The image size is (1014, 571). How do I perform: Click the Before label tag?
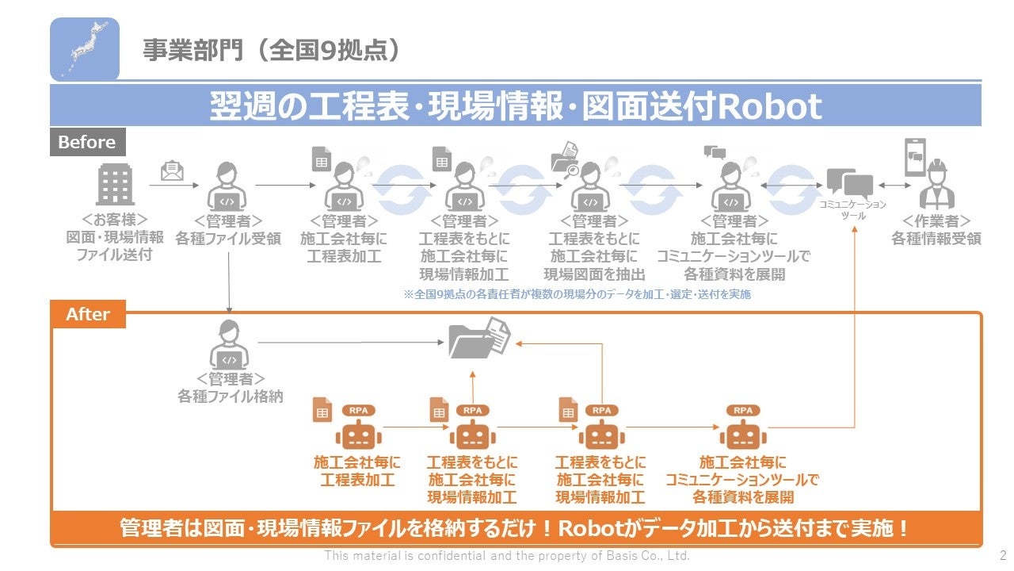(x=87, y=143)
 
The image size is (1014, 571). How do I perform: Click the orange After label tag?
(x=88, y=314)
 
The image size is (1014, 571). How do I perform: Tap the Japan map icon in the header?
(x=85, y=49)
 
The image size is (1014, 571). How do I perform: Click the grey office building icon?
(x=115, y=186)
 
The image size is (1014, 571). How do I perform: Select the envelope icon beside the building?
(x=171, y=171)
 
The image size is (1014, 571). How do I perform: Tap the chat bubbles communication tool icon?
(x=849, y=184)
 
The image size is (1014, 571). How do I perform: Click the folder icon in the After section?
(x=479, y=339)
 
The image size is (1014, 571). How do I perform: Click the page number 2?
(x=1003, y=556)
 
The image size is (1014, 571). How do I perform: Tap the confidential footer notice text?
(x=507, y=556)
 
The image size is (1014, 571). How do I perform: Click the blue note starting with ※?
(x=577, y=294)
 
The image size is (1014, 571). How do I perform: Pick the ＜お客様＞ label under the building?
(x=115, y=220)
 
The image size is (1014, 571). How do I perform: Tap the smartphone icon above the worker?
(x=916, y=157)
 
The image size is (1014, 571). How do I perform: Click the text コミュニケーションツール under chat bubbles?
(x=852, y=210)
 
